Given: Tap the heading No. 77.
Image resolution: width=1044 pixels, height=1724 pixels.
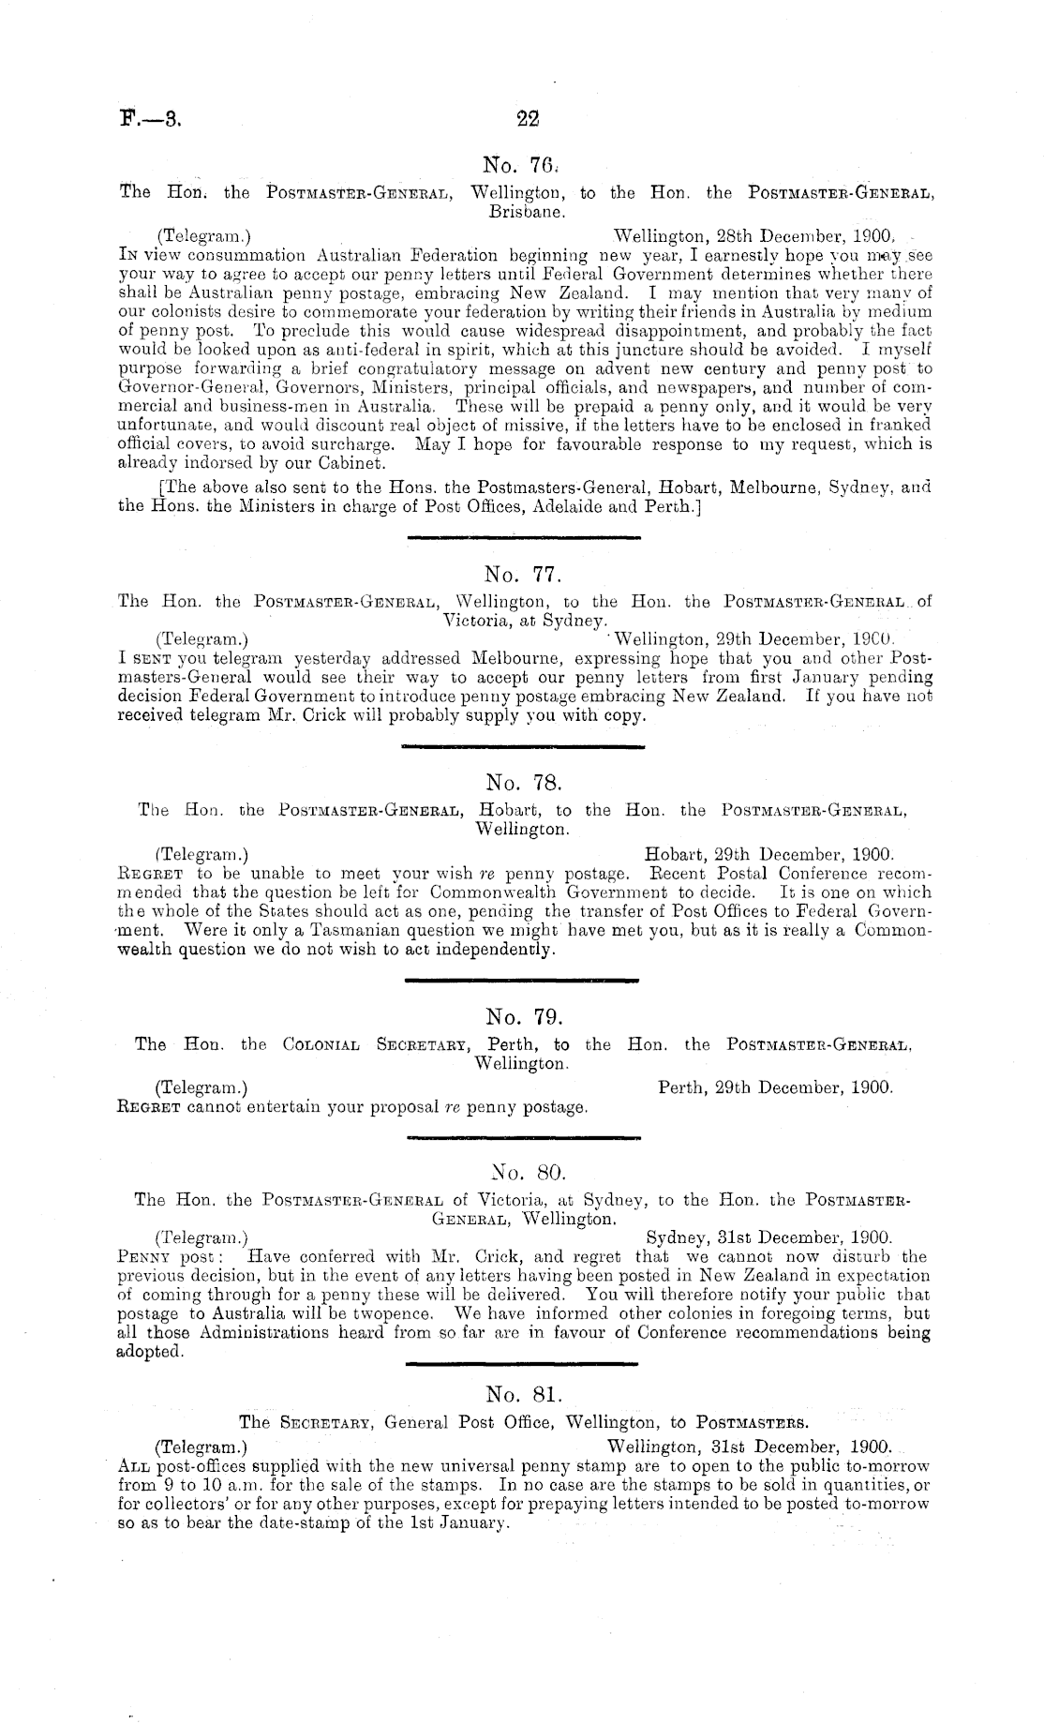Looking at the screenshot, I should point(522,572).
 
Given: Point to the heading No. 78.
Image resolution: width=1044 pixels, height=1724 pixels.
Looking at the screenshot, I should point(522,781).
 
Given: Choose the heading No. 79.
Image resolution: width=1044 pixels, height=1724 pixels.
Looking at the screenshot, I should point(522,1016).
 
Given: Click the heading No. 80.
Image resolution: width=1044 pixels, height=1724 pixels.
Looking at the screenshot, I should point(522,1171).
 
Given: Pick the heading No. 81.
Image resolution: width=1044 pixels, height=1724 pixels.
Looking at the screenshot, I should point(522,1375).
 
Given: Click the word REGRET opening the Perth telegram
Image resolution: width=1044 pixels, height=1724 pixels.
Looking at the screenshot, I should point(148,1107).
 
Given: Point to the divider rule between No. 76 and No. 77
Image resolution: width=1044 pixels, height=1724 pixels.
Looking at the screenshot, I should point(522,537).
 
